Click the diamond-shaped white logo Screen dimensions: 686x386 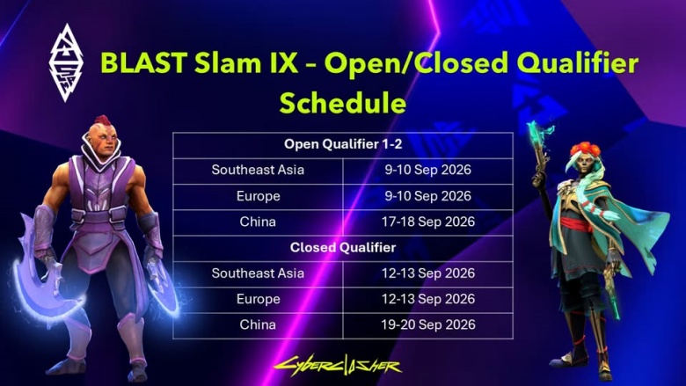(66, 62)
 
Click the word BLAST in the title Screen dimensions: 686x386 (144, 62)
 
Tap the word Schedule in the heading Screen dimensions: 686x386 (343, 103)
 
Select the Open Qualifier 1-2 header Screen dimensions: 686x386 (343, 144)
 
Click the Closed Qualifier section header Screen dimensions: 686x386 (343, 247)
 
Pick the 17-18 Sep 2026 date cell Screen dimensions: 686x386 (428, 222)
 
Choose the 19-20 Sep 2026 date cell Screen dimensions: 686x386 (428, 324)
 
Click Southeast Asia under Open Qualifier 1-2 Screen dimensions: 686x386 (258, 170)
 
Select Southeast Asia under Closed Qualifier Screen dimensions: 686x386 (258, 273)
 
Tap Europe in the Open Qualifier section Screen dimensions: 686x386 (258, 196)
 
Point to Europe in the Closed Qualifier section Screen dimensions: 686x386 (258, 300)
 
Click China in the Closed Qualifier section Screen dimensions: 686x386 (258, 324)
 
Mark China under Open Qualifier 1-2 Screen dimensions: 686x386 (258, 222)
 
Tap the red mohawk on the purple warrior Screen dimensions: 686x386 (103, 120)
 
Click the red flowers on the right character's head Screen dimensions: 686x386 (585, 149)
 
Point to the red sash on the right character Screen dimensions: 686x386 (579, 225)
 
